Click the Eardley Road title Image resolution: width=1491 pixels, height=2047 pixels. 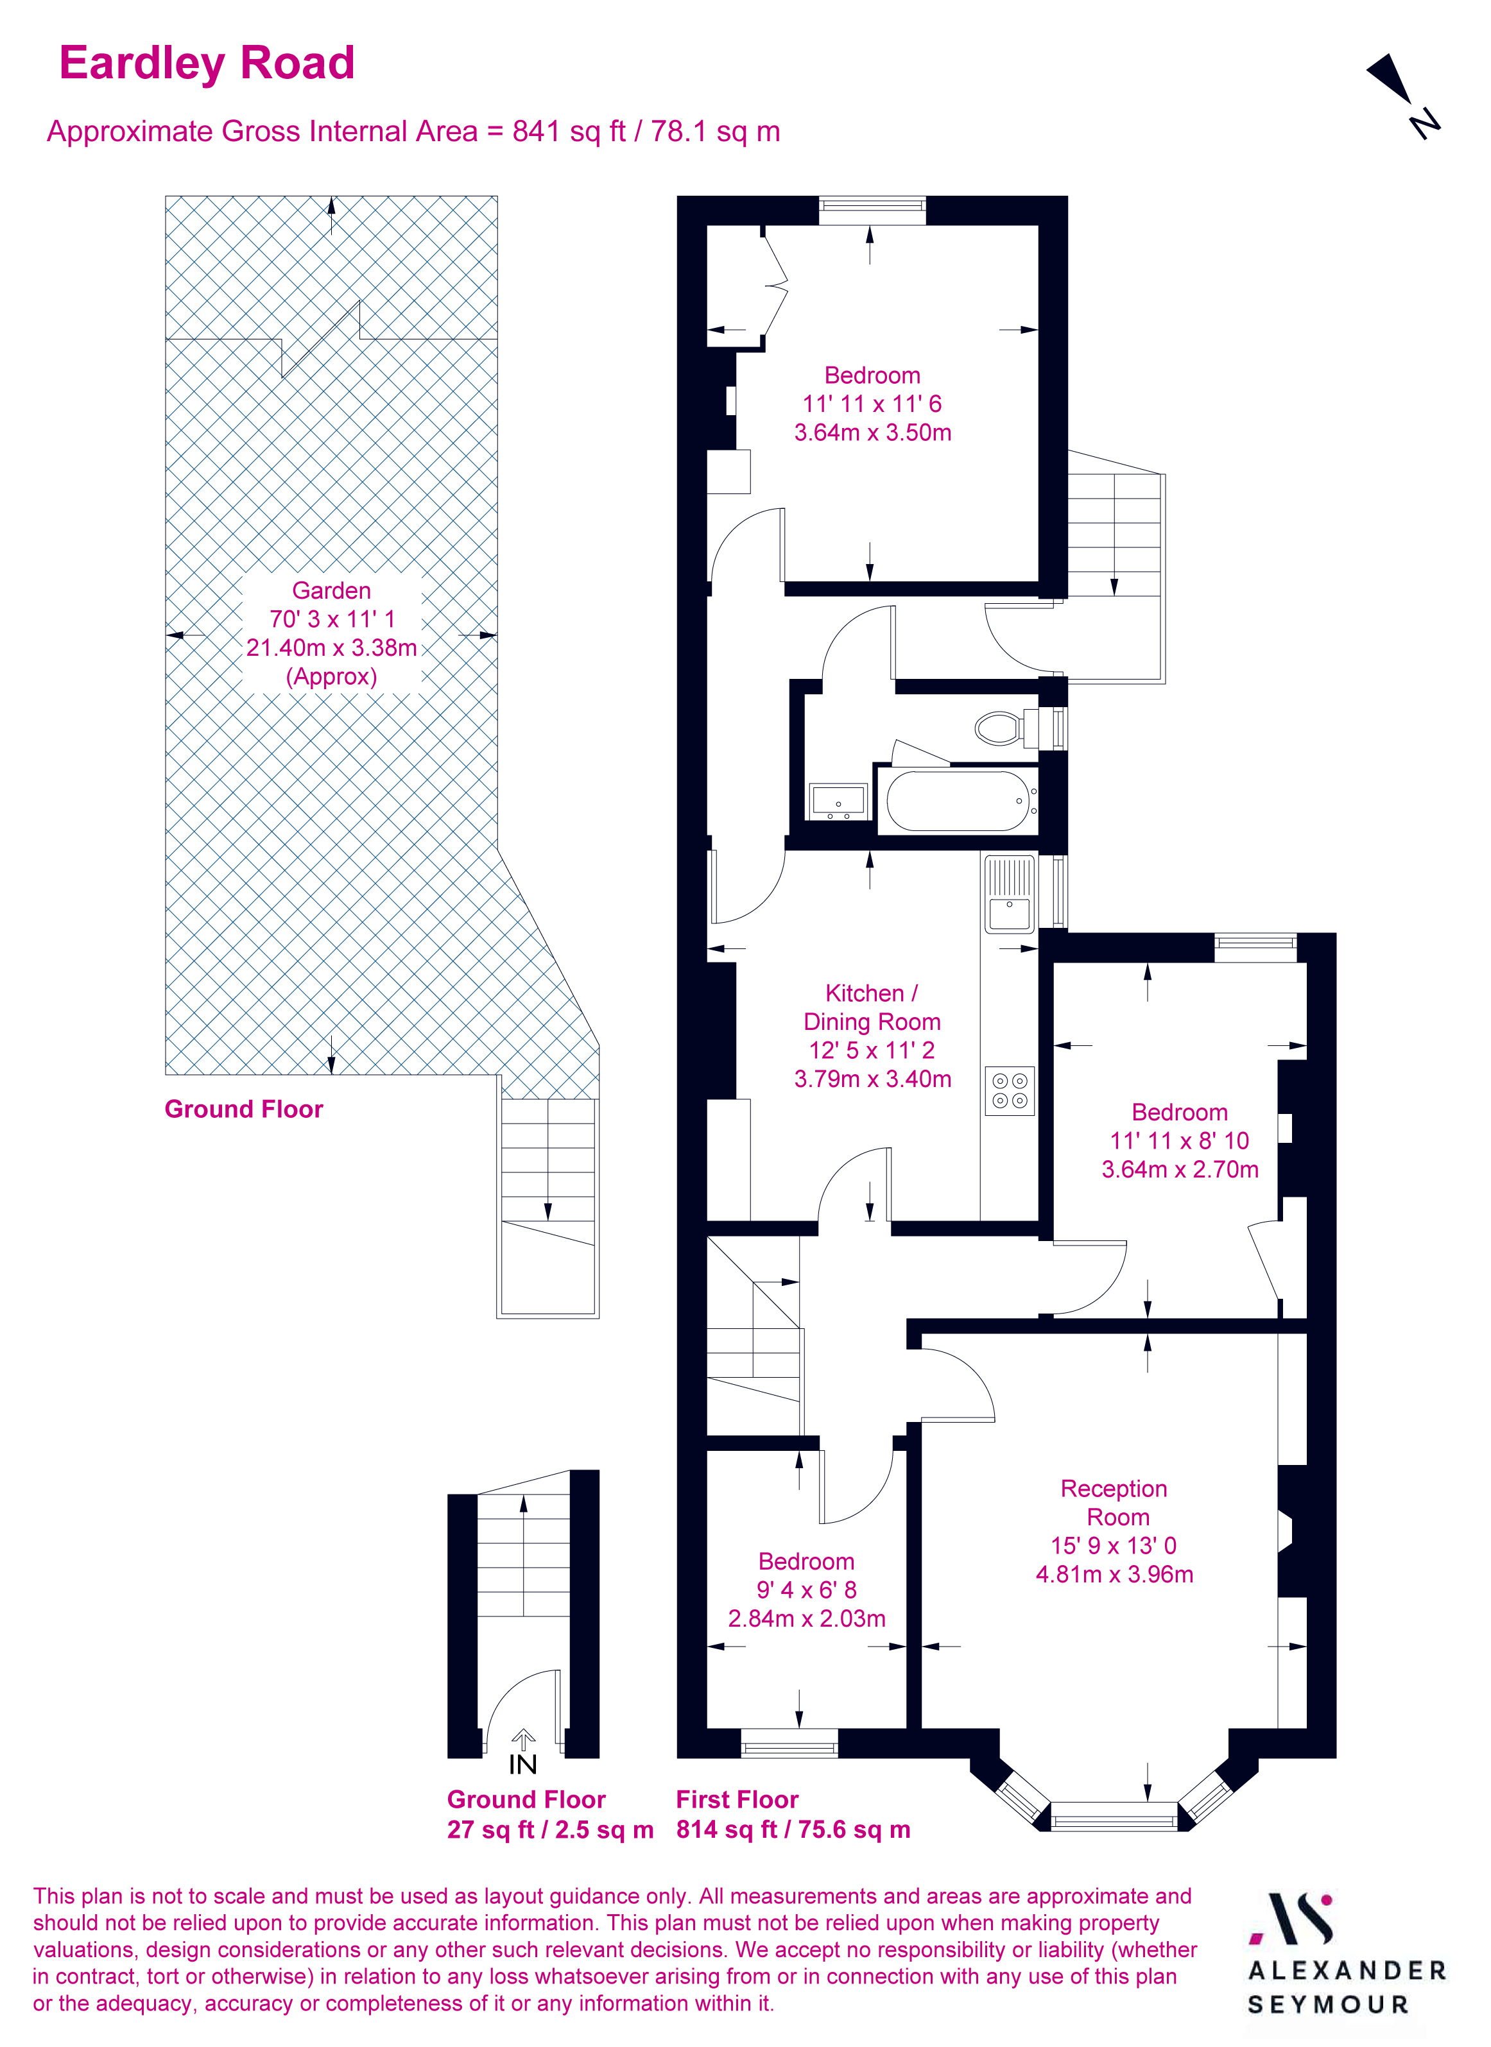pos(207,63)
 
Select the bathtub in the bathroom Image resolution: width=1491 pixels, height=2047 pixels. pos(958,801)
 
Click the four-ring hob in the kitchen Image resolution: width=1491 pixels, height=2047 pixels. pos(1009,1090)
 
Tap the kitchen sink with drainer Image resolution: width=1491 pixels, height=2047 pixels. pos(1009,895)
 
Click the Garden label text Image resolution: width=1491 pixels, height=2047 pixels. pos(331,590)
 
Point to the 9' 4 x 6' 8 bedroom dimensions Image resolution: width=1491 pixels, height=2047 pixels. pos(806,1589)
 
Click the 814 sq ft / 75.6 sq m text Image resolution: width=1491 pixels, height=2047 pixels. pos(793,1829)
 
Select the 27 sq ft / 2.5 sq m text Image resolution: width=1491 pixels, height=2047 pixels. pos(549,1829)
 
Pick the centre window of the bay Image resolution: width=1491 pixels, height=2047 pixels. pos(1115,1815)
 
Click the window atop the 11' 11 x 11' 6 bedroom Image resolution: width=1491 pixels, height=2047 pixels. pos(872,211)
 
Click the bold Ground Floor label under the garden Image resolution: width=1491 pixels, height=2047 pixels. pos(244,1109)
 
